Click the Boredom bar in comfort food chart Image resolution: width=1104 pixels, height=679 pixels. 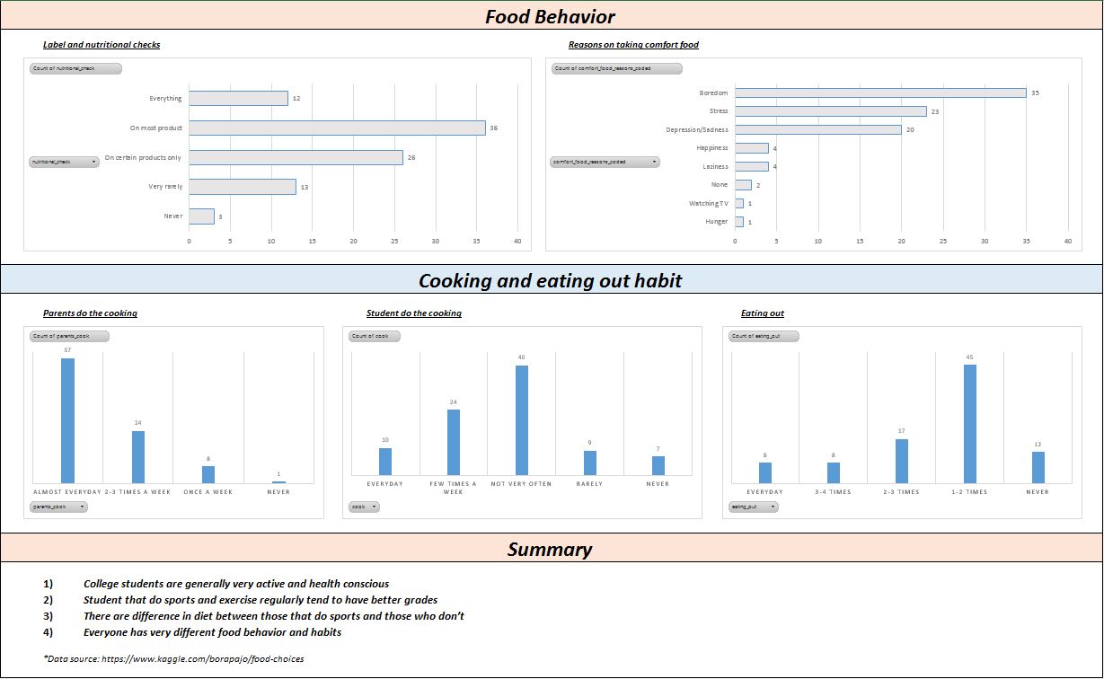880,93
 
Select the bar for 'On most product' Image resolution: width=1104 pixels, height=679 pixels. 337,128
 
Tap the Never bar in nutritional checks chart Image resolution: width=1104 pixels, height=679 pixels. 201,216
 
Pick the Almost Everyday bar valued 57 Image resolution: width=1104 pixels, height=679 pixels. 67,420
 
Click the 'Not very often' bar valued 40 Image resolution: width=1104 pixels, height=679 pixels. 521,419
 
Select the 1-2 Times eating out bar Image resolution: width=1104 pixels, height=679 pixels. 970,424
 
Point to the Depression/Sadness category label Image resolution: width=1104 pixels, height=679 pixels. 697,129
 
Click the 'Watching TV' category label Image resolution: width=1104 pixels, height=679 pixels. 711,203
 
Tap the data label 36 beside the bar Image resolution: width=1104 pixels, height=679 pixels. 493,128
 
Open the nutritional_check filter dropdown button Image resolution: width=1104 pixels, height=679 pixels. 64,162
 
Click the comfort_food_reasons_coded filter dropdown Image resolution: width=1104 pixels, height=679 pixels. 605,162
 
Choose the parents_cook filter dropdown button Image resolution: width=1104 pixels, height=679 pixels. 58,507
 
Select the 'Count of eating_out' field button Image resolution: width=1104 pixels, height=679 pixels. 764,336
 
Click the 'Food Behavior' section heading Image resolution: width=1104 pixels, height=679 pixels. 551,16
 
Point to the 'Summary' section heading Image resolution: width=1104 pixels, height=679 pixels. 550,549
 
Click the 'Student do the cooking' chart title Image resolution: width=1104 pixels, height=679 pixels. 414,313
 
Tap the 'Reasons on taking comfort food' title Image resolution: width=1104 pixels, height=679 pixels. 633,45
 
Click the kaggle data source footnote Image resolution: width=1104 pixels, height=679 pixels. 173,658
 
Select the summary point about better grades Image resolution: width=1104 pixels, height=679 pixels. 261,600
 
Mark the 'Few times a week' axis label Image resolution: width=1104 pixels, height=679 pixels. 453,488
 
